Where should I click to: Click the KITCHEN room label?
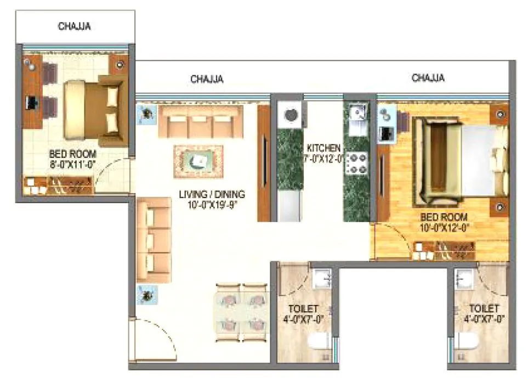323,148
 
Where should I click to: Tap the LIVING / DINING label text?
212,194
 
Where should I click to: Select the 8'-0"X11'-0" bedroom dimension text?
73,164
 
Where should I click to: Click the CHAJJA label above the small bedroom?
74,26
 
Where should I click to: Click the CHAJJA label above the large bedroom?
428,78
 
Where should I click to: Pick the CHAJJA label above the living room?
207,79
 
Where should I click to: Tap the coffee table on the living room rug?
198,160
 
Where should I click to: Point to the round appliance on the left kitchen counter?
290,115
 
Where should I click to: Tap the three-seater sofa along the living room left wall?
154,233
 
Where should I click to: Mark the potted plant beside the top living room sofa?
146,114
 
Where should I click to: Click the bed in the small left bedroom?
93,109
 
